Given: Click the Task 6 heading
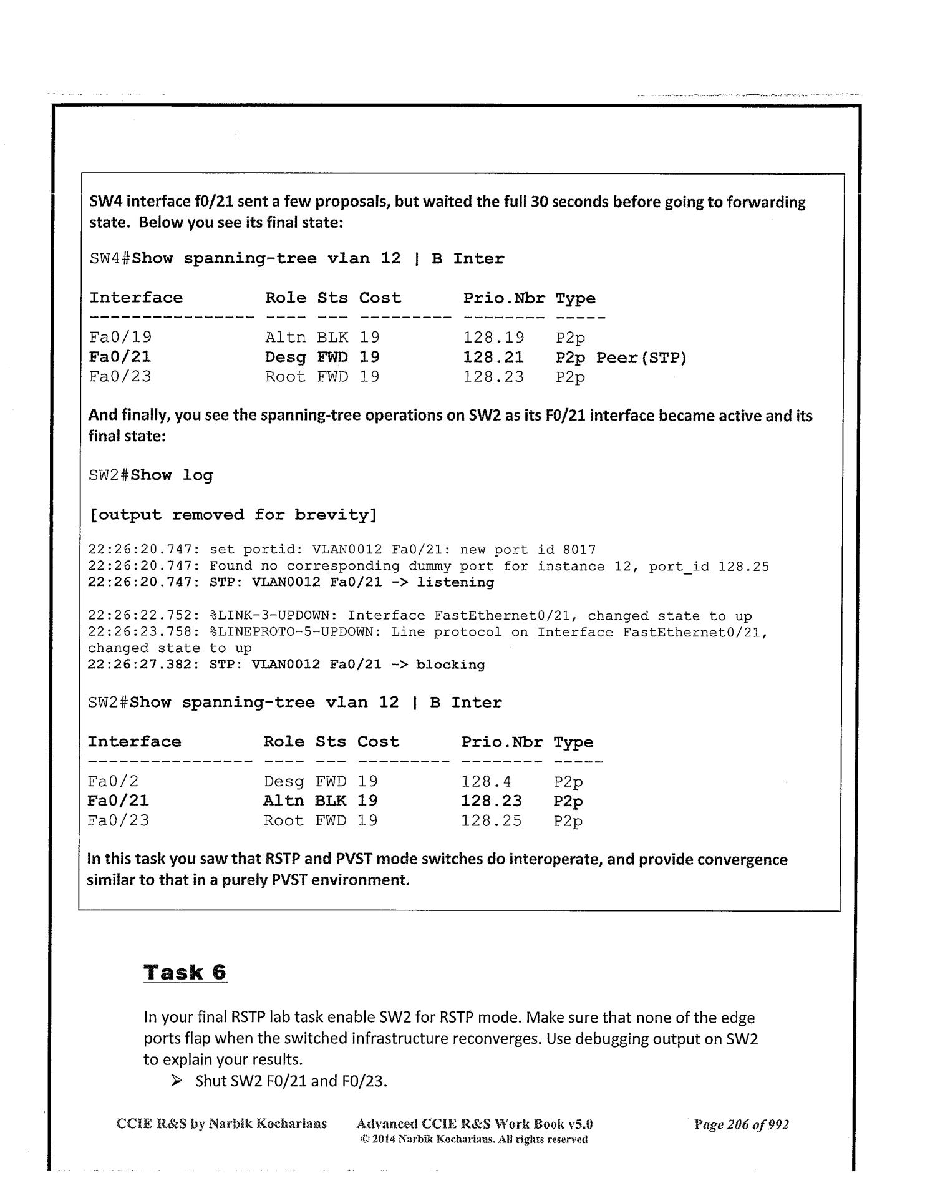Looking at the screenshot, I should [x=185, y=972].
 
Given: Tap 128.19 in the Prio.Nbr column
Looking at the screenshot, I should [x=493, y=338].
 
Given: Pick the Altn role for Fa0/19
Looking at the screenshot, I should [x=285, y=338].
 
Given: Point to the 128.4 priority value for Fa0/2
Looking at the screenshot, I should [x=486, y=781].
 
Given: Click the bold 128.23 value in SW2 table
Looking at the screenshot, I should [x=491, y=801].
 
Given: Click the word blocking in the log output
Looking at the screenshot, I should [x=450, y=665].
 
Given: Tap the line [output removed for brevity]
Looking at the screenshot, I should [x=233, y=515].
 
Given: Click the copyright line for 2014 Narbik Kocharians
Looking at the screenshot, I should [x=474, y=1139].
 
